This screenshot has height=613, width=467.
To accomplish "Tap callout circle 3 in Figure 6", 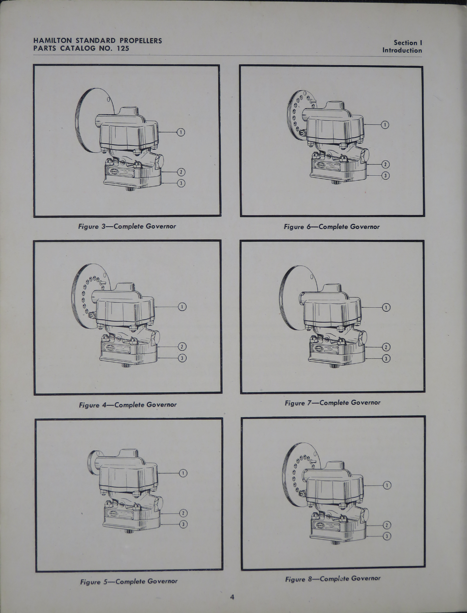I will [385, 176].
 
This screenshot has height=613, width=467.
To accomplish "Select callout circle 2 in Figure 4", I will [182, 346].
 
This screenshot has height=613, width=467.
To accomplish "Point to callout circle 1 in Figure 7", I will [386, 307].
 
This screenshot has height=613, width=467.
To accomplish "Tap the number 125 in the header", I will [123, 48].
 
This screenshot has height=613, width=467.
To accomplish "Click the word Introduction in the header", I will [402, 50].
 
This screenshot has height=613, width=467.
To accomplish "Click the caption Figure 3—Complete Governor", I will [127, 226].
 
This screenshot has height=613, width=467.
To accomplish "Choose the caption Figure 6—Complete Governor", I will [332, 227].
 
